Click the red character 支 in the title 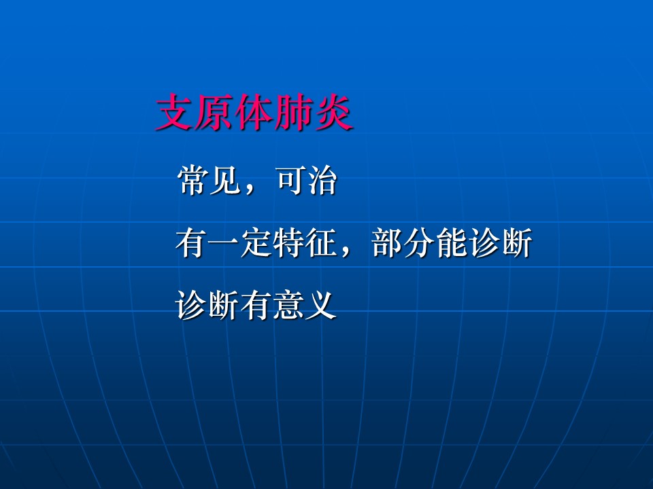pyautogui.click(x=175, y=113)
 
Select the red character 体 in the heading pyautogui.click(x=254, y=113)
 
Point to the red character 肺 pyautogui.click(x=295, y=113)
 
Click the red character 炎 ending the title pyautogui.click(x=334, y=113)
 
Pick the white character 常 pyautogui.click(x=192, y=180)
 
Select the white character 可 pyautogui.click(x=290, y=180)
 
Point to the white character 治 pyautogui.click(x=322, y=180)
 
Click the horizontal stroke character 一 pyautogui.click(x=224, y=243)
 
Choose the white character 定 pyautogui.click(x=256, y=243)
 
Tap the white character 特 pyautogui.click(x=288, y=243)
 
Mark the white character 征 pyautogui.click(x=320, y=243)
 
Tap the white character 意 pyautogui.click(x=288, y=305)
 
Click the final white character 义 pyautogui.click(x=320, y=305)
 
